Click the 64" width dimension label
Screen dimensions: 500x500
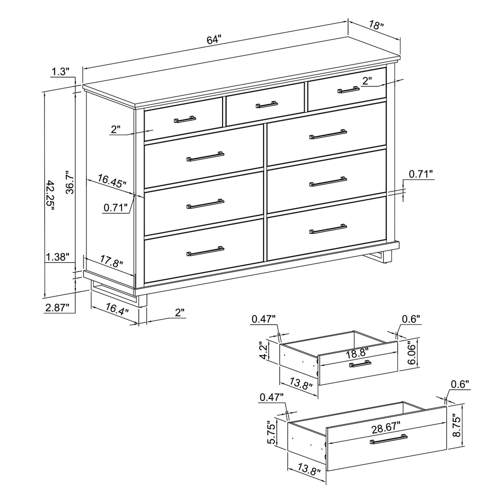[214, 41]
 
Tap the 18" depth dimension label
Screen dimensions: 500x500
[376, 25]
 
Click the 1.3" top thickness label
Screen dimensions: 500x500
[60, 72]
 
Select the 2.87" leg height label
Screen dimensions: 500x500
[57, 307]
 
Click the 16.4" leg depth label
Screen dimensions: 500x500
[116, 310]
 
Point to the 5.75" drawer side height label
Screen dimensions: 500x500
[271, 433]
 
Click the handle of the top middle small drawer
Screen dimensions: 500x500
[267, 104]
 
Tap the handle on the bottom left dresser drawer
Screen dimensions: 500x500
[205, 251]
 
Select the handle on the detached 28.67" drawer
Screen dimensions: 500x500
[389, 440]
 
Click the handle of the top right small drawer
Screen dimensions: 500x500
[349, 90]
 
